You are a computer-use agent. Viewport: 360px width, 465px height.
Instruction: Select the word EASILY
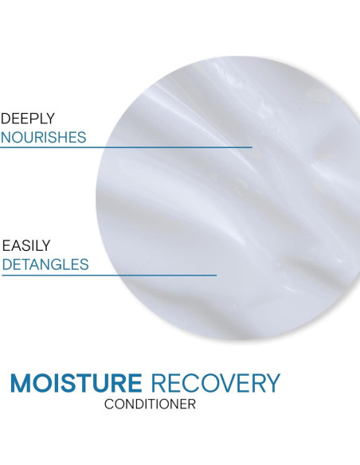[26, 244]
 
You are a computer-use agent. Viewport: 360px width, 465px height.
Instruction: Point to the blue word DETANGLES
[45, 264]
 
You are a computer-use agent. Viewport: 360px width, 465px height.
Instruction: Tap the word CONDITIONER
[151, 404]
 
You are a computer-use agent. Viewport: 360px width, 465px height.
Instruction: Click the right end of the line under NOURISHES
[251, 147]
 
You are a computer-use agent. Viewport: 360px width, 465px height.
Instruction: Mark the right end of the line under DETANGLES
[216, 275]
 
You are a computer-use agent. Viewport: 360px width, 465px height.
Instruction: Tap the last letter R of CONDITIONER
[191, 404]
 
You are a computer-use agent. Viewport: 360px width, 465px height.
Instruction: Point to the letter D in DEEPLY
[6, 118]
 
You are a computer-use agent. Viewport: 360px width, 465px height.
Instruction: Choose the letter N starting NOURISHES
[7, 137]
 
